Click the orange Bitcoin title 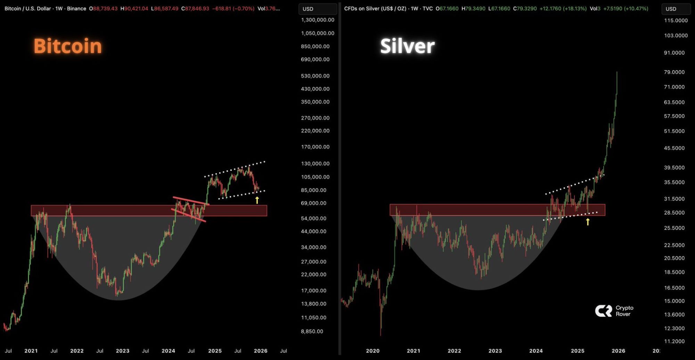pyautogui.click(x=68, y=46)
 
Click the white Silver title pyautogui.click(x=407, y=46)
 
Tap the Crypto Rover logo pyautogui.click(x=614, y=311)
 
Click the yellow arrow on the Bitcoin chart pyautogui.click(x=257, y=200)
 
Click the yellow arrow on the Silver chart pyautogui.click(x=588, y=221)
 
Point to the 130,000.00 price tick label pyautogui.click(x=315, y=163)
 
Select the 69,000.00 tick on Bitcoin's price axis pyautogui.click(x=313, y=203)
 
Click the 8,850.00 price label pyautogui.click(x=312, y=331)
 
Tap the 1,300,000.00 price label pyautogui.click(x=318, y=20)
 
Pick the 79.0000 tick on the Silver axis pyautogui.click(x=674, y=72)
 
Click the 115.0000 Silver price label pyautogui.click(x=676, y=21)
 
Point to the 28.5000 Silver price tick pyautogui.click(x=674, y=212)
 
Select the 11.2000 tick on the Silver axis pyautogui.click(x=674, y=341)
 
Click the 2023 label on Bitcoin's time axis pyautogui.click(x=122, y=351)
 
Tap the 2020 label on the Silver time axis pyautogui.click(x=373, y=351)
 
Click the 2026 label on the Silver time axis pyautogui.click(x=618, y=351)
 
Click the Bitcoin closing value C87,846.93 pyautogui.click(x=195, y=8)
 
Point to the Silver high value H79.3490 pyautogui.click(x=473, y=8)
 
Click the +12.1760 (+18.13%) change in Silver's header pyautogui.click(x=563, y=8)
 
